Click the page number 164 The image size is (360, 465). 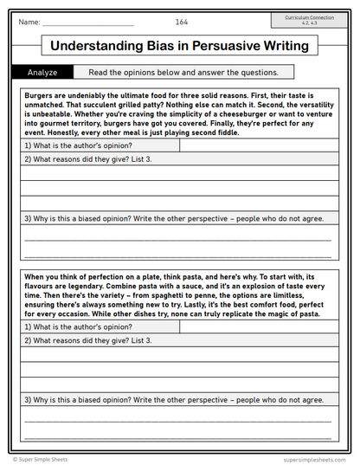(x=182, y=21)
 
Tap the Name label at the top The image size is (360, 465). (x=29, y=21)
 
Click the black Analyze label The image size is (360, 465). (x=42, y=73)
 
